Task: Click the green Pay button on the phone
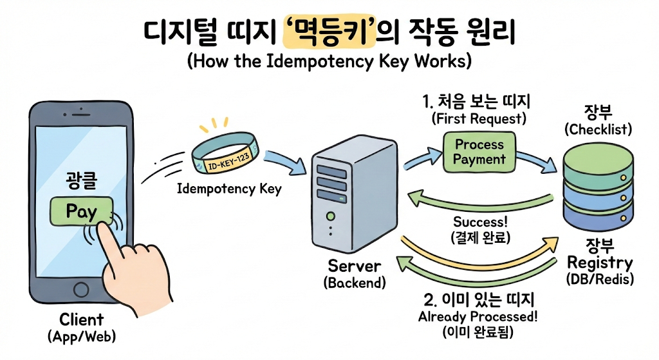pyautogui.click(x=82, y=211)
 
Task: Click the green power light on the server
pyautogui.click(x=330, y=216)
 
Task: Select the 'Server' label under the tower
pyautogui.click(x=355, y=265)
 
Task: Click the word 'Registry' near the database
pyautogui.click(x=599, y=263)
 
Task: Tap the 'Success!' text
pyautogui.click(x=481, y=222)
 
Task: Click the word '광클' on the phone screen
pyautogui.click(x=81, y=182)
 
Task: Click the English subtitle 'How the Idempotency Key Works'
pyautogui.click(x=329, y=62)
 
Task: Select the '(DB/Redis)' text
pyautogui.click(x=600, y=279)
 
